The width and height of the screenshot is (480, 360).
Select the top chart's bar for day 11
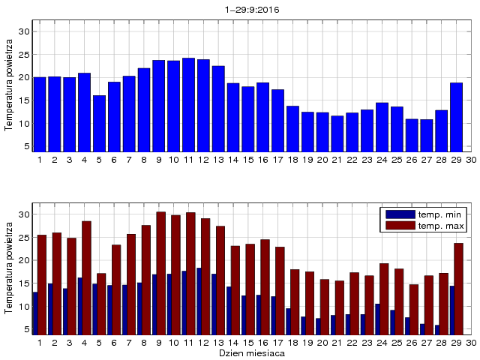click(x=188, y=105)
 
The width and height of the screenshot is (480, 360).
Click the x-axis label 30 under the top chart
click(x=470, y=160)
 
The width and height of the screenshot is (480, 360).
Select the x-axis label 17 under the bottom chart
click(x=277, y=342)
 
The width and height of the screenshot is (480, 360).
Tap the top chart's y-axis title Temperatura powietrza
click(x=8, y=86)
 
